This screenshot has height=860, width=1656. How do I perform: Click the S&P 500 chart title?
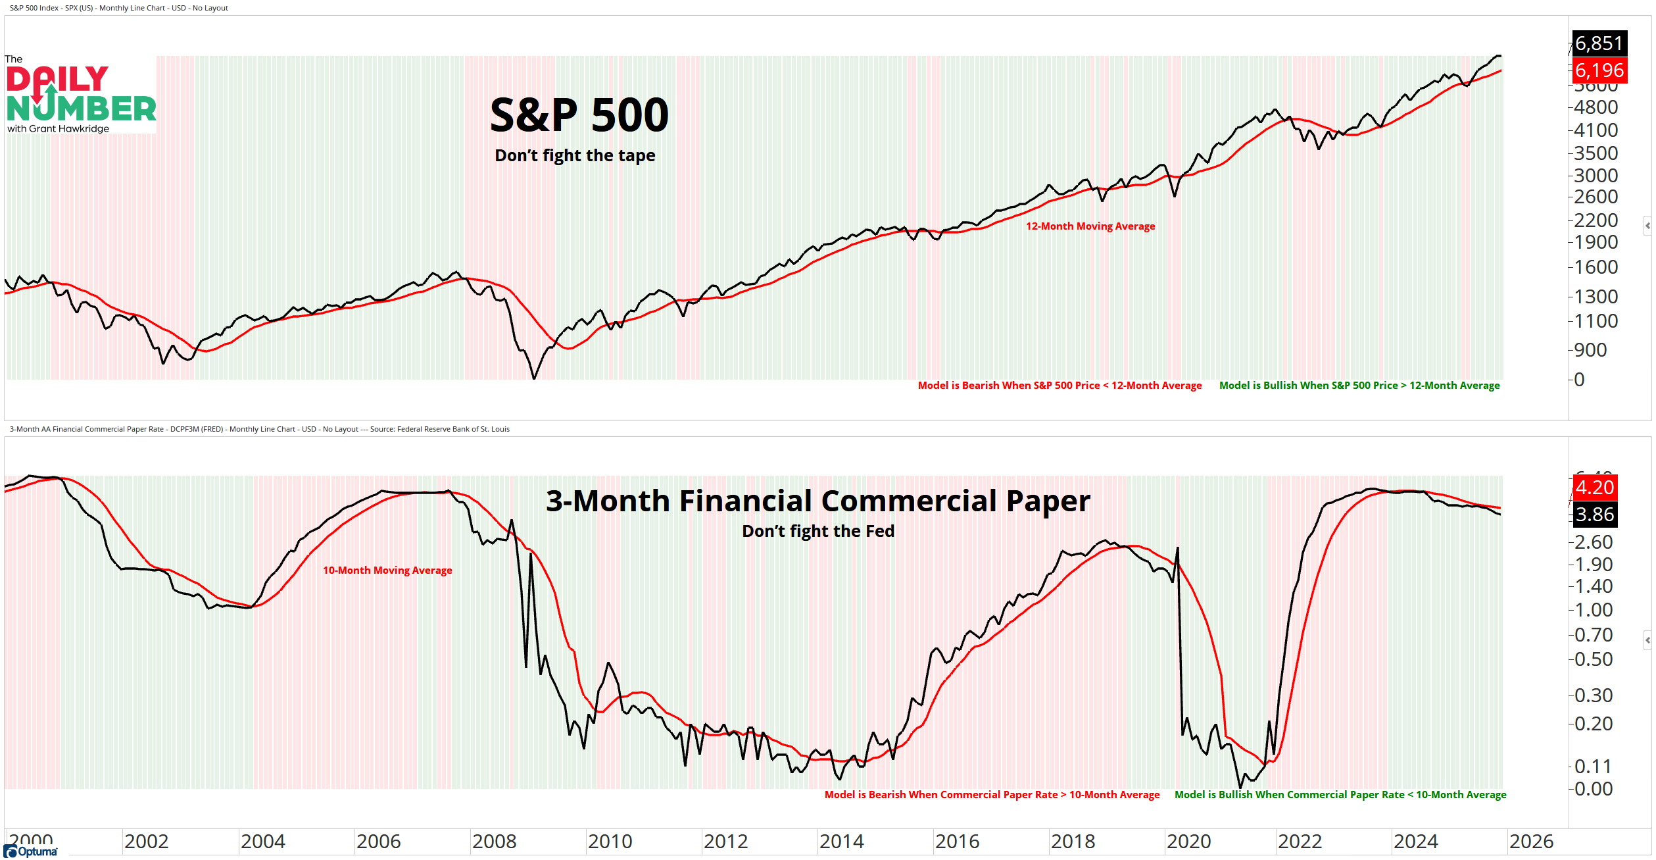(579, 115)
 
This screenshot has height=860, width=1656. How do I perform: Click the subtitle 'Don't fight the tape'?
(575, 155)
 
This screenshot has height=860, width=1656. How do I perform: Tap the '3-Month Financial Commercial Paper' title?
(817, 501)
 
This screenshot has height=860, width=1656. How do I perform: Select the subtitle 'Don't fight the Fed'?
(817, 531)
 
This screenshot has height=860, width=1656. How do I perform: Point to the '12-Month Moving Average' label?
(1090, 226)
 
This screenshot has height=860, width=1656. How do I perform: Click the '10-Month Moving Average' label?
(387, 570)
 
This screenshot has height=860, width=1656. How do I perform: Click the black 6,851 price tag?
(1599, 43)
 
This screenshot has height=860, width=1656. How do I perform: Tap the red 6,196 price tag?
(1599, 70)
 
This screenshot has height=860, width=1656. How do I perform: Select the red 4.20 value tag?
(1594, 488)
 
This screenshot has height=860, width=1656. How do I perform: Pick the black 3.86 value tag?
(1594, 514)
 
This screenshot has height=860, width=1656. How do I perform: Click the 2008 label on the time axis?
(494, 842)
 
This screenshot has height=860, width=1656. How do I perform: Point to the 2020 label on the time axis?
(1188, 842)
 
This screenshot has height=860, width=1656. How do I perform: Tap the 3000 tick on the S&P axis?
(1595, 176)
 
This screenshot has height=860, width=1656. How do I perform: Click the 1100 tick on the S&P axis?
(1595, 321)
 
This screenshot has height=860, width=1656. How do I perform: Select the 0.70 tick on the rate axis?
(1593, 635)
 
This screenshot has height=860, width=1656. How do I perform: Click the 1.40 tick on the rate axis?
(1593, 586)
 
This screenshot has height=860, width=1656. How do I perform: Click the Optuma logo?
(31, 851)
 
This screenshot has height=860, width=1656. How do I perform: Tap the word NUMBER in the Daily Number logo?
(82, 109)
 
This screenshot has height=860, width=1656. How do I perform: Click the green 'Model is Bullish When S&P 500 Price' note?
(1359, 386)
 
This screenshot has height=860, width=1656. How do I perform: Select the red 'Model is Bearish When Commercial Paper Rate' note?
(992, 795)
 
